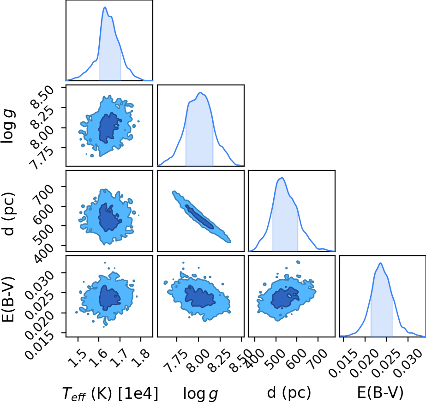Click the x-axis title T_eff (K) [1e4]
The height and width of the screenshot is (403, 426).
110,393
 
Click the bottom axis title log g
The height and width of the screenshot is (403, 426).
200,393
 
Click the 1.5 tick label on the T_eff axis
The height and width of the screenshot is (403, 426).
77,358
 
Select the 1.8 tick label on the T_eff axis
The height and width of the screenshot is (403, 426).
140,358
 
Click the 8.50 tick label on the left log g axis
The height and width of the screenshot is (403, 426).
42,96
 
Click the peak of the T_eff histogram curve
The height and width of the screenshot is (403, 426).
105,7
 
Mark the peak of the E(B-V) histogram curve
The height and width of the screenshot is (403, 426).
380,263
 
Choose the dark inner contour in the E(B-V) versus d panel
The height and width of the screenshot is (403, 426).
285,298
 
